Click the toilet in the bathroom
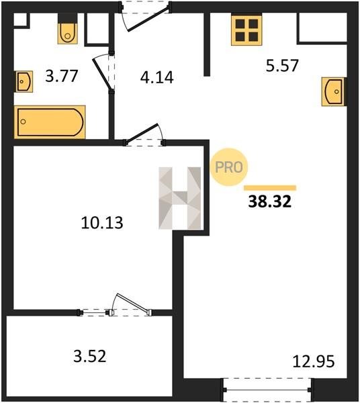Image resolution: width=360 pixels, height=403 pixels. point(67,28)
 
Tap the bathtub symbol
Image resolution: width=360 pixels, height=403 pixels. point(50,122)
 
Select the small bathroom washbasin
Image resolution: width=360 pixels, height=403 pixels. point(24,81)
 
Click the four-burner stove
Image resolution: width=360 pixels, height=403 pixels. point(246,30)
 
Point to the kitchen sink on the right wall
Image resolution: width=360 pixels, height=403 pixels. point(333,91)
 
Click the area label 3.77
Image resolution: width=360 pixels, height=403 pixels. point(61,77)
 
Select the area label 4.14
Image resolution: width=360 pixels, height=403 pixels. point(156,77)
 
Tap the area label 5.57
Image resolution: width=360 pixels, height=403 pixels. point(282,66)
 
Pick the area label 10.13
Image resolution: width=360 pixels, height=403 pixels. point(102,222)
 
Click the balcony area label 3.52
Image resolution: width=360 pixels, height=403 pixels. point(90,356)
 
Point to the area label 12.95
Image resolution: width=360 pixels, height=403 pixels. point(314,361)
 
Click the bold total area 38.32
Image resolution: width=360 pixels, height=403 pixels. point(270,201)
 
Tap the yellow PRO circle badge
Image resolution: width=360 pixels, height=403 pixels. point(228,167)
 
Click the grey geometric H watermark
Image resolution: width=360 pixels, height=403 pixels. point(180,198)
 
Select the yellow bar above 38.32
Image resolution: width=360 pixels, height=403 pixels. point(270,188)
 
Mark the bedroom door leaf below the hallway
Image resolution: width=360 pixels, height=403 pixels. point(141,133)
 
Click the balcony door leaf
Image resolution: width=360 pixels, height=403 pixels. point(132,304)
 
